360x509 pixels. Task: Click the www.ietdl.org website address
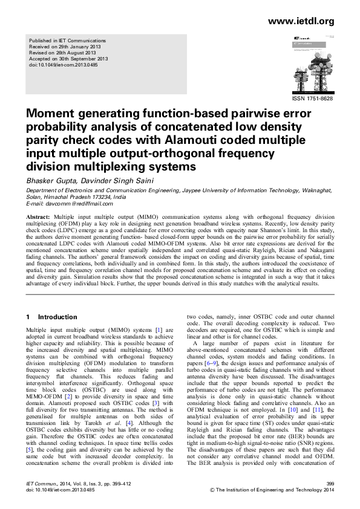point(300,22)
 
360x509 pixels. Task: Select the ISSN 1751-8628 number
point(312,97)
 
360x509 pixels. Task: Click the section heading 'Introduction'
point(57,317)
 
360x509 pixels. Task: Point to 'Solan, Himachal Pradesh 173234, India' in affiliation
point(76,197)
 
